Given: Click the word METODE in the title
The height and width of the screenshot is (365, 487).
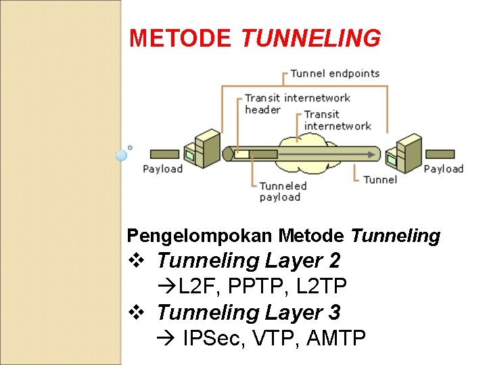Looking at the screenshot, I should pyautogui.click(x=180, y=39).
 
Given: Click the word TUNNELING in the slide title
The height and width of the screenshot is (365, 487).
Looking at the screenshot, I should pyautogui.click(x=310, y=39).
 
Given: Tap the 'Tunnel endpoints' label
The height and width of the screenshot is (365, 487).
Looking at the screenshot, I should pyautogui.click(x=335, y=73).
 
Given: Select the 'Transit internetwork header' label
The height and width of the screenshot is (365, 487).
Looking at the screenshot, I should pyautogui.click(x=296, y=103).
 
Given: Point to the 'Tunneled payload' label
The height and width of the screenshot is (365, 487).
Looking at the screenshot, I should pyautogui.click(x=283, y=191).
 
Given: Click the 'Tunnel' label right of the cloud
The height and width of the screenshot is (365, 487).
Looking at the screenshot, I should pyautogui.click(x=379, y=179).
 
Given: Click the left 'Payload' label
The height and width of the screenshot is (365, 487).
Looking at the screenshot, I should pyautogui.click(x=162, y=168).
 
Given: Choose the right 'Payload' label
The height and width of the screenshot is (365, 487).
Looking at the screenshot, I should pyautogui.click(x=443, y=168).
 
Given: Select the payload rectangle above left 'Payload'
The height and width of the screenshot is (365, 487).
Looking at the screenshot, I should pyautogui.click(x=164, y=154).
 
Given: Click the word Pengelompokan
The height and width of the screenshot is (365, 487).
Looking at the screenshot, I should pyautogui.click(x=200, y=235).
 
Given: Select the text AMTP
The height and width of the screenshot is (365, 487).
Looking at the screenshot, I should pyautogui.click(x=336, y=338).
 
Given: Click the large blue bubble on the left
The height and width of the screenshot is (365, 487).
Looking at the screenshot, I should pyautogui.click(x=121, y=155).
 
